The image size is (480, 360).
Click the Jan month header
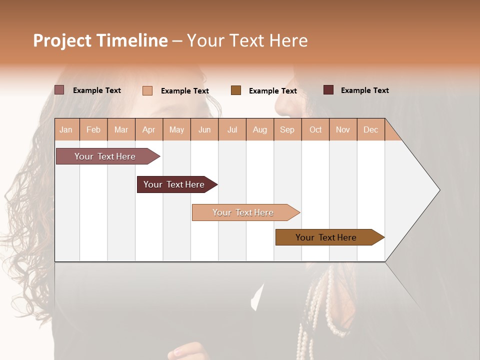66,129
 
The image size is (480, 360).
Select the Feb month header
93,129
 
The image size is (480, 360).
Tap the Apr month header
149,129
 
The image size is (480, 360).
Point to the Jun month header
204,129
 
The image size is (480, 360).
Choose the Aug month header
260,129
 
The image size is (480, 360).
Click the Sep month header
287,129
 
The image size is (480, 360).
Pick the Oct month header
315,129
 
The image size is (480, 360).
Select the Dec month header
371,129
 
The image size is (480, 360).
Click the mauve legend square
59,90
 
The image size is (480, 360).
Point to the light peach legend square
147,90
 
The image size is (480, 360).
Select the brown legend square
236,90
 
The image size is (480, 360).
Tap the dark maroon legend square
328,90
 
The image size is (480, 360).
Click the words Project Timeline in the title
100,40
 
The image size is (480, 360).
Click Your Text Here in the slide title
247,40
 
